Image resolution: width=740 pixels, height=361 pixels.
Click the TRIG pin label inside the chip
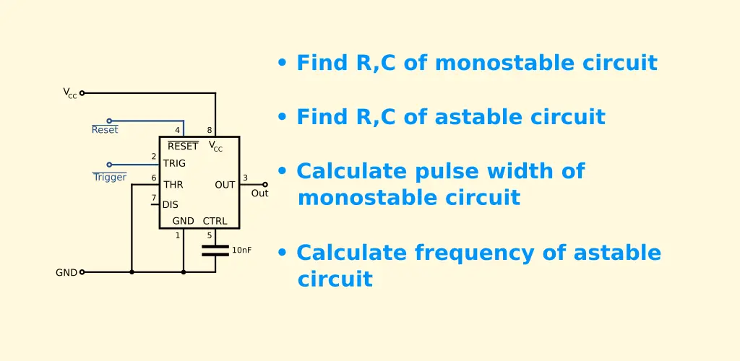pyautogui.click(x=174, y=164)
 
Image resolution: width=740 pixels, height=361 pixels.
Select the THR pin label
pyautogui.click(x=173, y=185)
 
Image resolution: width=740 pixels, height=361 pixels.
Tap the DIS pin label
pyautogui.click(x=171, y=205)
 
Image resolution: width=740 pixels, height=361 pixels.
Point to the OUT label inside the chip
pyautogui.click(x=225, y=185)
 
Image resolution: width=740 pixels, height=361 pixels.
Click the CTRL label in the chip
pyautogui.click(x=215, y=221)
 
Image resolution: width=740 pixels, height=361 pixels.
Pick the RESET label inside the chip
pyautogui.click(x=183, y=146)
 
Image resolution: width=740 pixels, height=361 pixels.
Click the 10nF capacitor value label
pyautogui.click(x=241, y=251)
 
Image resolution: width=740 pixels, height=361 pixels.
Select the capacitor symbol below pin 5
pyautogui.click(x=215, y=251)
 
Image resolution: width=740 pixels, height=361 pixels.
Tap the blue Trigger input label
pyautogui.click(x=110, y=177)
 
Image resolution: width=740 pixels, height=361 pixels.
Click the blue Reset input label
pyautogui.click(x=105, y=130)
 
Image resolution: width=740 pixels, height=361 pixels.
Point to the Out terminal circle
pyautogui.click(x=264, y=185)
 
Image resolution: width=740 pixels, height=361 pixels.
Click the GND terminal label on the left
pyautogui.click(x=66, y=272)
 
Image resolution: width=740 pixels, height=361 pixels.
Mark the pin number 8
pyautogui.click(x=210, y=130)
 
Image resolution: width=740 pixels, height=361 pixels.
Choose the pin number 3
pyautogui.click(x=245, y=178)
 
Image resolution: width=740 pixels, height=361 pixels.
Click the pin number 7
pyautogui.click(x=153, y=197)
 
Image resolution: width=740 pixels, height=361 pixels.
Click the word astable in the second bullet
pyautogui.click(x=468, y=117)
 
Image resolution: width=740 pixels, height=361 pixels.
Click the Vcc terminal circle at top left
pyautogui.click(x=82, y=93)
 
